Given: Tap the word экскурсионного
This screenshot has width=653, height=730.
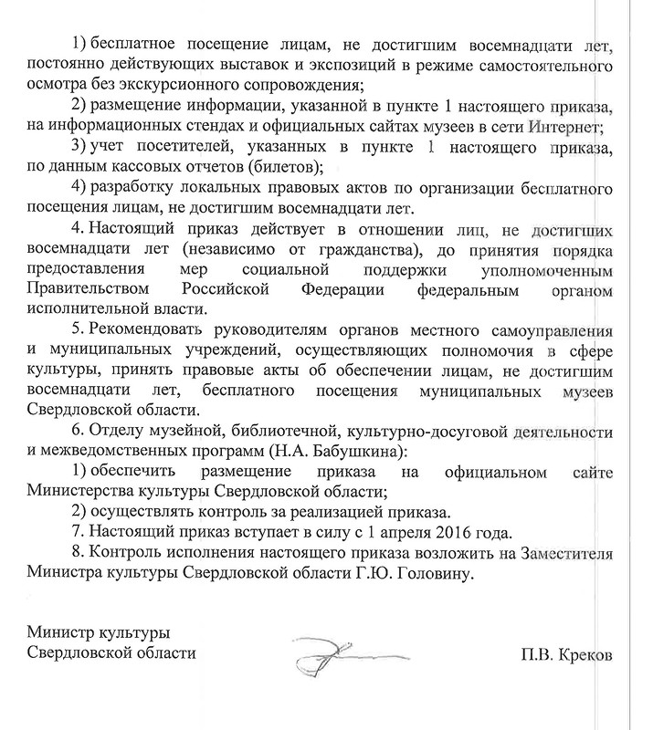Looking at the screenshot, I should [x=190, y=86].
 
